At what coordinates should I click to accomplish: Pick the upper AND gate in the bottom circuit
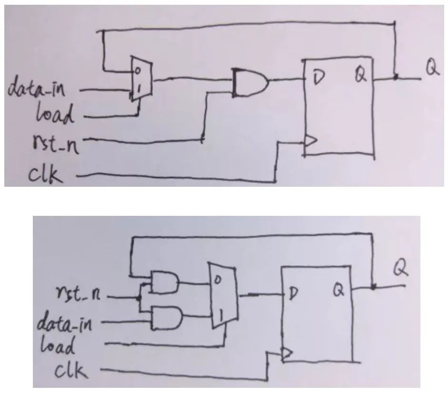coord(164,283)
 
